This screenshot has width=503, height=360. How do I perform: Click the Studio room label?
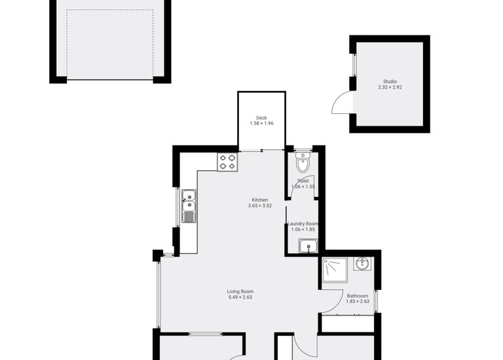pyautogui.click(x=390, y=82)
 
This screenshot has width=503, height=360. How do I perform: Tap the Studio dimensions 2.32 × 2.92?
pyautogui.click(x=390, y=88)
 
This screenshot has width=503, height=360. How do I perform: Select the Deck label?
pyautogui.click(x=261, y=118)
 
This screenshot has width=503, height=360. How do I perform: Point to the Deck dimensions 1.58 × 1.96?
pyautogui.click(x=261, y=124)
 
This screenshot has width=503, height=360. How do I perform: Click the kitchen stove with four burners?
pyautogui.click(x=227, y=162)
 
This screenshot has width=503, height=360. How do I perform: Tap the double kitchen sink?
pyautogui.click(x=189, y=206)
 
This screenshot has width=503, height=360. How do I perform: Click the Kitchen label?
pyautogui.click(x=260, y=200)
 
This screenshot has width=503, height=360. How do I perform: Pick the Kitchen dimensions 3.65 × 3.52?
pyautogui.click(x=260, y=206)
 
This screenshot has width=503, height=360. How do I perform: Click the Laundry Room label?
pyautogui.click(x=303, y=224)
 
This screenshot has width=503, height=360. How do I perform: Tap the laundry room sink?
pyautogui.click(x=308, y=246)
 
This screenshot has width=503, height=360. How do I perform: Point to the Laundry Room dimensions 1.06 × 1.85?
pyautogui.click(x=303, y=230)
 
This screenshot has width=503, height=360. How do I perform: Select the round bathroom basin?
pyautogui.click(x=362, y=263)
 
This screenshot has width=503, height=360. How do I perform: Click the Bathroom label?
pyautogui.click(x=358, y=296)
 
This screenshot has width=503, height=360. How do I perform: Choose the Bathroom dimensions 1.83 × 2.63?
pyautogui.click(x=358, y=302)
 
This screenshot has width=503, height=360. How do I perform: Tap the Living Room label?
pyautogui.click(x=240, y=291)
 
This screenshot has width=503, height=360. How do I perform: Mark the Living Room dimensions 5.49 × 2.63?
pyautogui.click(x=240, y=297)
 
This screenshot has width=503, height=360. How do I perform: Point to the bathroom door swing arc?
pyautogui.click(x=331, y=302)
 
